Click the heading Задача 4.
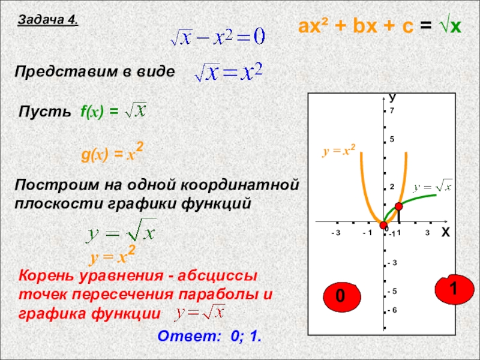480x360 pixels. click(48, 20)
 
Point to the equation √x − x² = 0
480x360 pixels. click(217, 38)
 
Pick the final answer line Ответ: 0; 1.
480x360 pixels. click(209, 336)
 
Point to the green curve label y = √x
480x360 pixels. click(433, 185)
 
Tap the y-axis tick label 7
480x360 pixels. click(392, 111)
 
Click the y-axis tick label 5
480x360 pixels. click(392, 140)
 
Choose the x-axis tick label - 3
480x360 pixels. click(335, 232)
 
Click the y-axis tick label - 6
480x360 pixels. click(392, 310)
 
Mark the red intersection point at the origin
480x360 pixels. click(383, 225)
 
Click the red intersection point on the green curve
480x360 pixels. click(398, 207)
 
